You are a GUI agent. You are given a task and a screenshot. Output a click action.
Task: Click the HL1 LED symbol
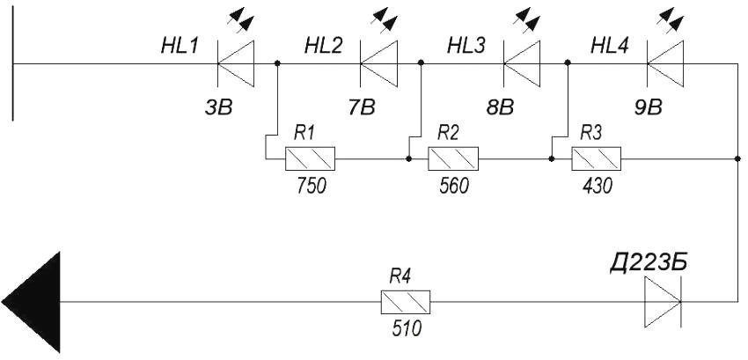tap(234, 63)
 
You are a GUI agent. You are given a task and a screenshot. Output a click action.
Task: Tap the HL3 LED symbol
tap(520, 63)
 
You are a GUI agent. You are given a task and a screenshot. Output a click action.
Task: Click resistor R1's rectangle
tap(310, 159)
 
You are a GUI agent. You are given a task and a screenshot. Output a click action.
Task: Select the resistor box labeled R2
tap(452, 159)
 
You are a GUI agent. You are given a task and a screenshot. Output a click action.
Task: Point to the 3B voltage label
tap(218, 108)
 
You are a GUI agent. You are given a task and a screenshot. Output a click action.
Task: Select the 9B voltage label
tap(648, 108)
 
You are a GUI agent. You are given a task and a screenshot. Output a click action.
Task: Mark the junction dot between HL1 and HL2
tap(278, 63)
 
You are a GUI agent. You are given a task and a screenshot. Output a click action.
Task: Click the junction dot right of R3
tap(736, 159)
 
